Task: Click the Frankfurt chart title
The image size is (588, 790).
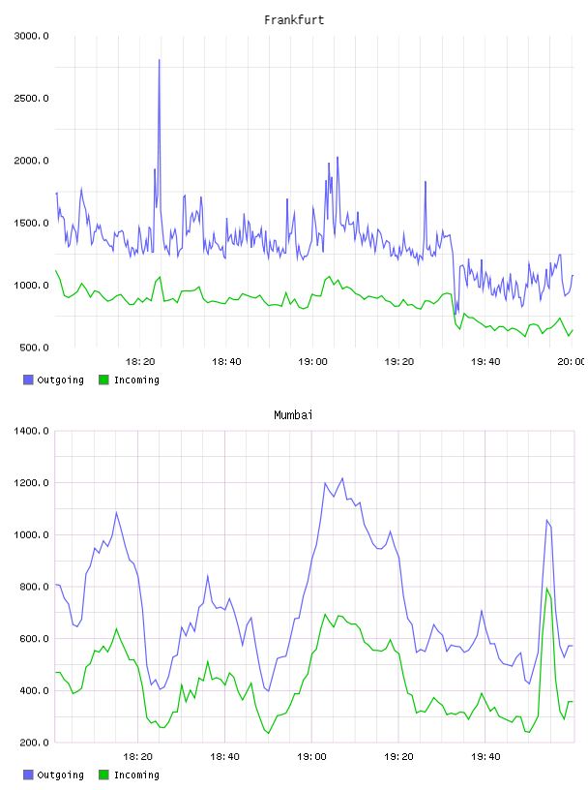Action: click(294, 20)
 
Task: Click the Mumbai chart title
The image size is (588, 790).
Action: click(293, 415)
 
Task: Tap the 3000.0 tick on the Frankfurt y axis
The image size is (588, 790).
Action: click(31, 36)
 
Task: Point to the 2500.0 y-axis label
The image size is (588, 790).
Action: click(31, 98)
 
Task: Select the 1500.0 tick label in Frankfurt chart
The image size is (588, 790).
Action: click(31, 224)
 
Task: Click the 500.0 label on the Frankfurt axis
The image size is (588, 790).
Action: click(34, 348)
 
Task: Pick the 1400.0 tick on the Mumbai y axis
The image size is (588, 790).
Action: click(31, 431)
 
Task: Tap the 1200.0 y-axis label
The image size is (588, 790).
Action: click(31, 483)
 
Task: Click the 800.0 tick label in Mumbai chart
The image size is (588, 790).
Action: click(34, 587)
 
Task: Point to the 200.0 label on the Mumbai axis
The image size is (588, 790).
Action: click(34, 743)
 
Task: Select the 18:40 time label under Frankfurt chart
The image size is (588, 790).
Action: click(226, 362)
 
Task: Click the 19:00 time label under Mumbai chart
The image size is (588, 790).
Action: click(311, 757)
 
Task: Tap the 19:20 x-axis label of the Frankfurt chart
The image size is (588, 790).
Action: click(399, 362)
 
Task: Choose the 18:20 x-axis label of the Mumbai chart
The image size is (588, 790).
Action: click(137, 757)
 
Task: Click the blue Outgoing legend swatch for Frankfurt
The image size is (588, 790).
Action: click(28, 380)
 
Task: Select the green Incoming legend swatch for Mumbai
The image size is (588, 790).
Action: click(103, 775)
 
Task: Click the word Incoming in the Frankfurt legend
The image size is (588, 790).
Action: click(136, 380)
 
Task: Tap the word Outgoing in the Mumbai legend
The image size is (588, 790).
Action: click(60, 775)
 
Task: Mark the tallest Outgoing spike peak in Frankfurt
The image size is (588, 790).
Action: click(159, 60)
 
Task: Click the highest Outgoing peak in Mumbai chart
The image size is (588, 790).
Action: click(342, 478)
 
